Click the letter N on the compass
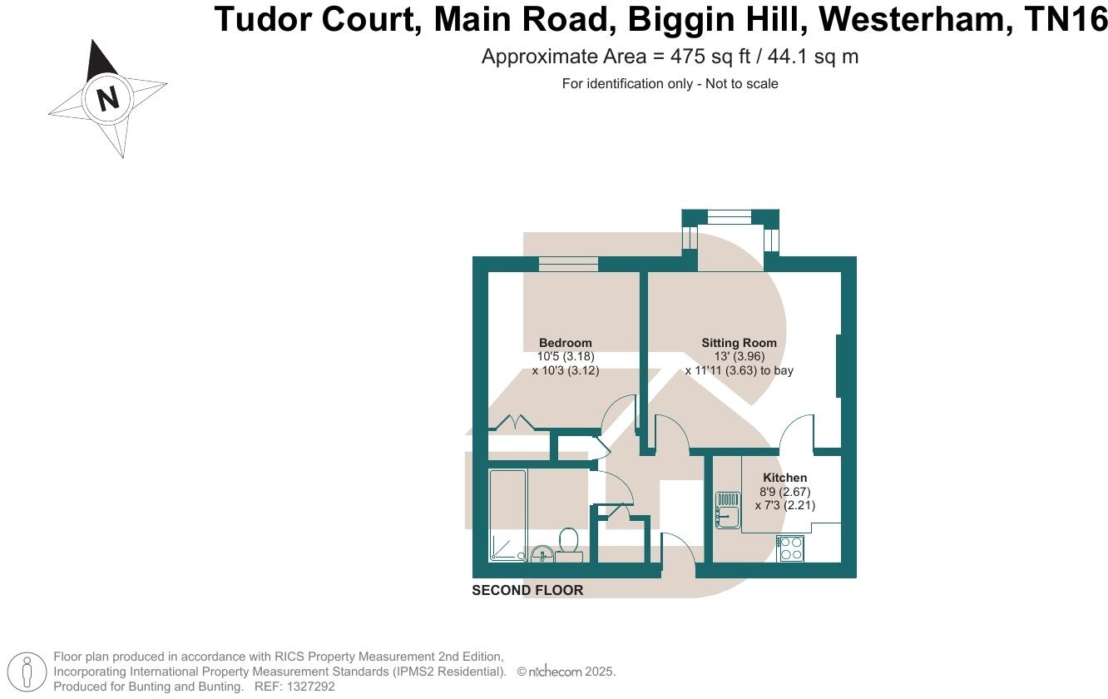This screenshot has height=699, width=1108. coord(108,98)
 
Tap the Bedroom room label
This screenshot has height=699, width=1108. coord(566,343)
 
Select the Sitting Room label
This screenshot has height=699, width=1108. coord(739,343)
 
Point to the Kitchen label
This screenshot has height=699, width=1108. coord(785,478)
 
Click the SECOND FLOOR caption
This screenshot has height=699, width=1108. coord(527,591)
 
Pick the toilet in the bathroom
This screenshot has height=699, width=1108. coord(570,542)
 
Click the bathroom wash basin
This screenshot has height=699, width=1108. coord(542,553)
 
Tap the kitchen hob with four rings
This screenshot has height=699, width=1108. coord(790,548)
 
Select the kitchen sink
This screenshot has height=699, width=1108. coord(727,510)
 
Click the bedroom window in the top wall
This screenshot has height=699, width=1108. coord(568,265)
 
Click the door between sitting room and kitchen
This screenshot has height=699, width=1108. coord(797,433)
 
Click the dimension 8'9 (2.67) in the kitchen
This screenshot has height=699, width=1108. coord(784,492)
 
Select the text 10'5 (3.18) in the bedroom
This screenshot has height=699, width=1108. coord(566,356)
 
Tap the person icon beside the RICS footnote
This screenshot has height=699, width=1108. coord(27,672)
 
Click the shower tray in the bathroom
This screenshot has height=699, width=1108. coord(507,516)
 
